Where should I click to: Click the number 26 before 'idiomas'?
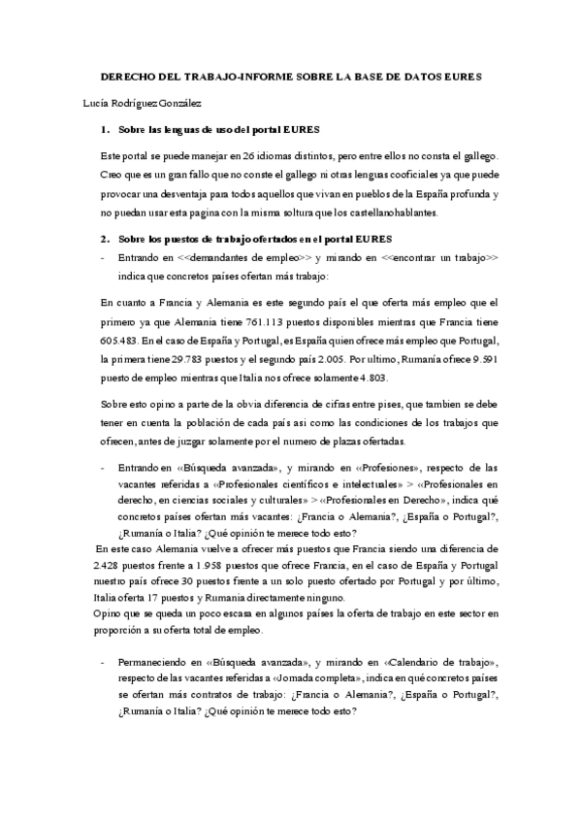pos(250,156)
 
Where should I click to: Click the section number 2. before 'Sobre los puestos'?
pos(106,239)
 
